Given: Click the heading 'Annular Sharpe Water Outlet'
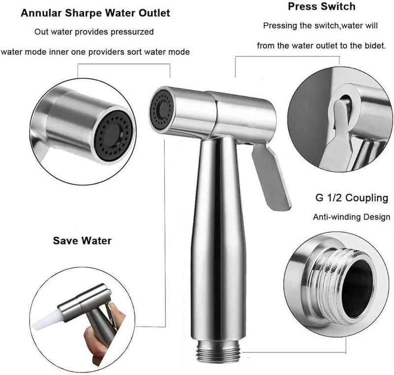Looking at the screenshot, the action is coord(95,13).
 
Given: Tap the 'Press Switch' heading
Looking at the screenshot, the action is coord(322,6).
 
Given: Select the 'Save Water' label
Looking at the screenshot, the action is coord(82,240).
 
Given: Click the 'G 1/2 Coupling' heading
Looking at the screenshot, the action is coord(352,198).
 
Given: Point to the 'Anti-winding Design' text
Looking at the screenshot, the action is coord(352,217).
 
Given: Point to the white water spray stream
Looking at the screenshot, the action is coord(46,320).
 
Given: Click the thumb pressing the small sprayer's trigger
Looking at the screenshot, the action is coord(118,314).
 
